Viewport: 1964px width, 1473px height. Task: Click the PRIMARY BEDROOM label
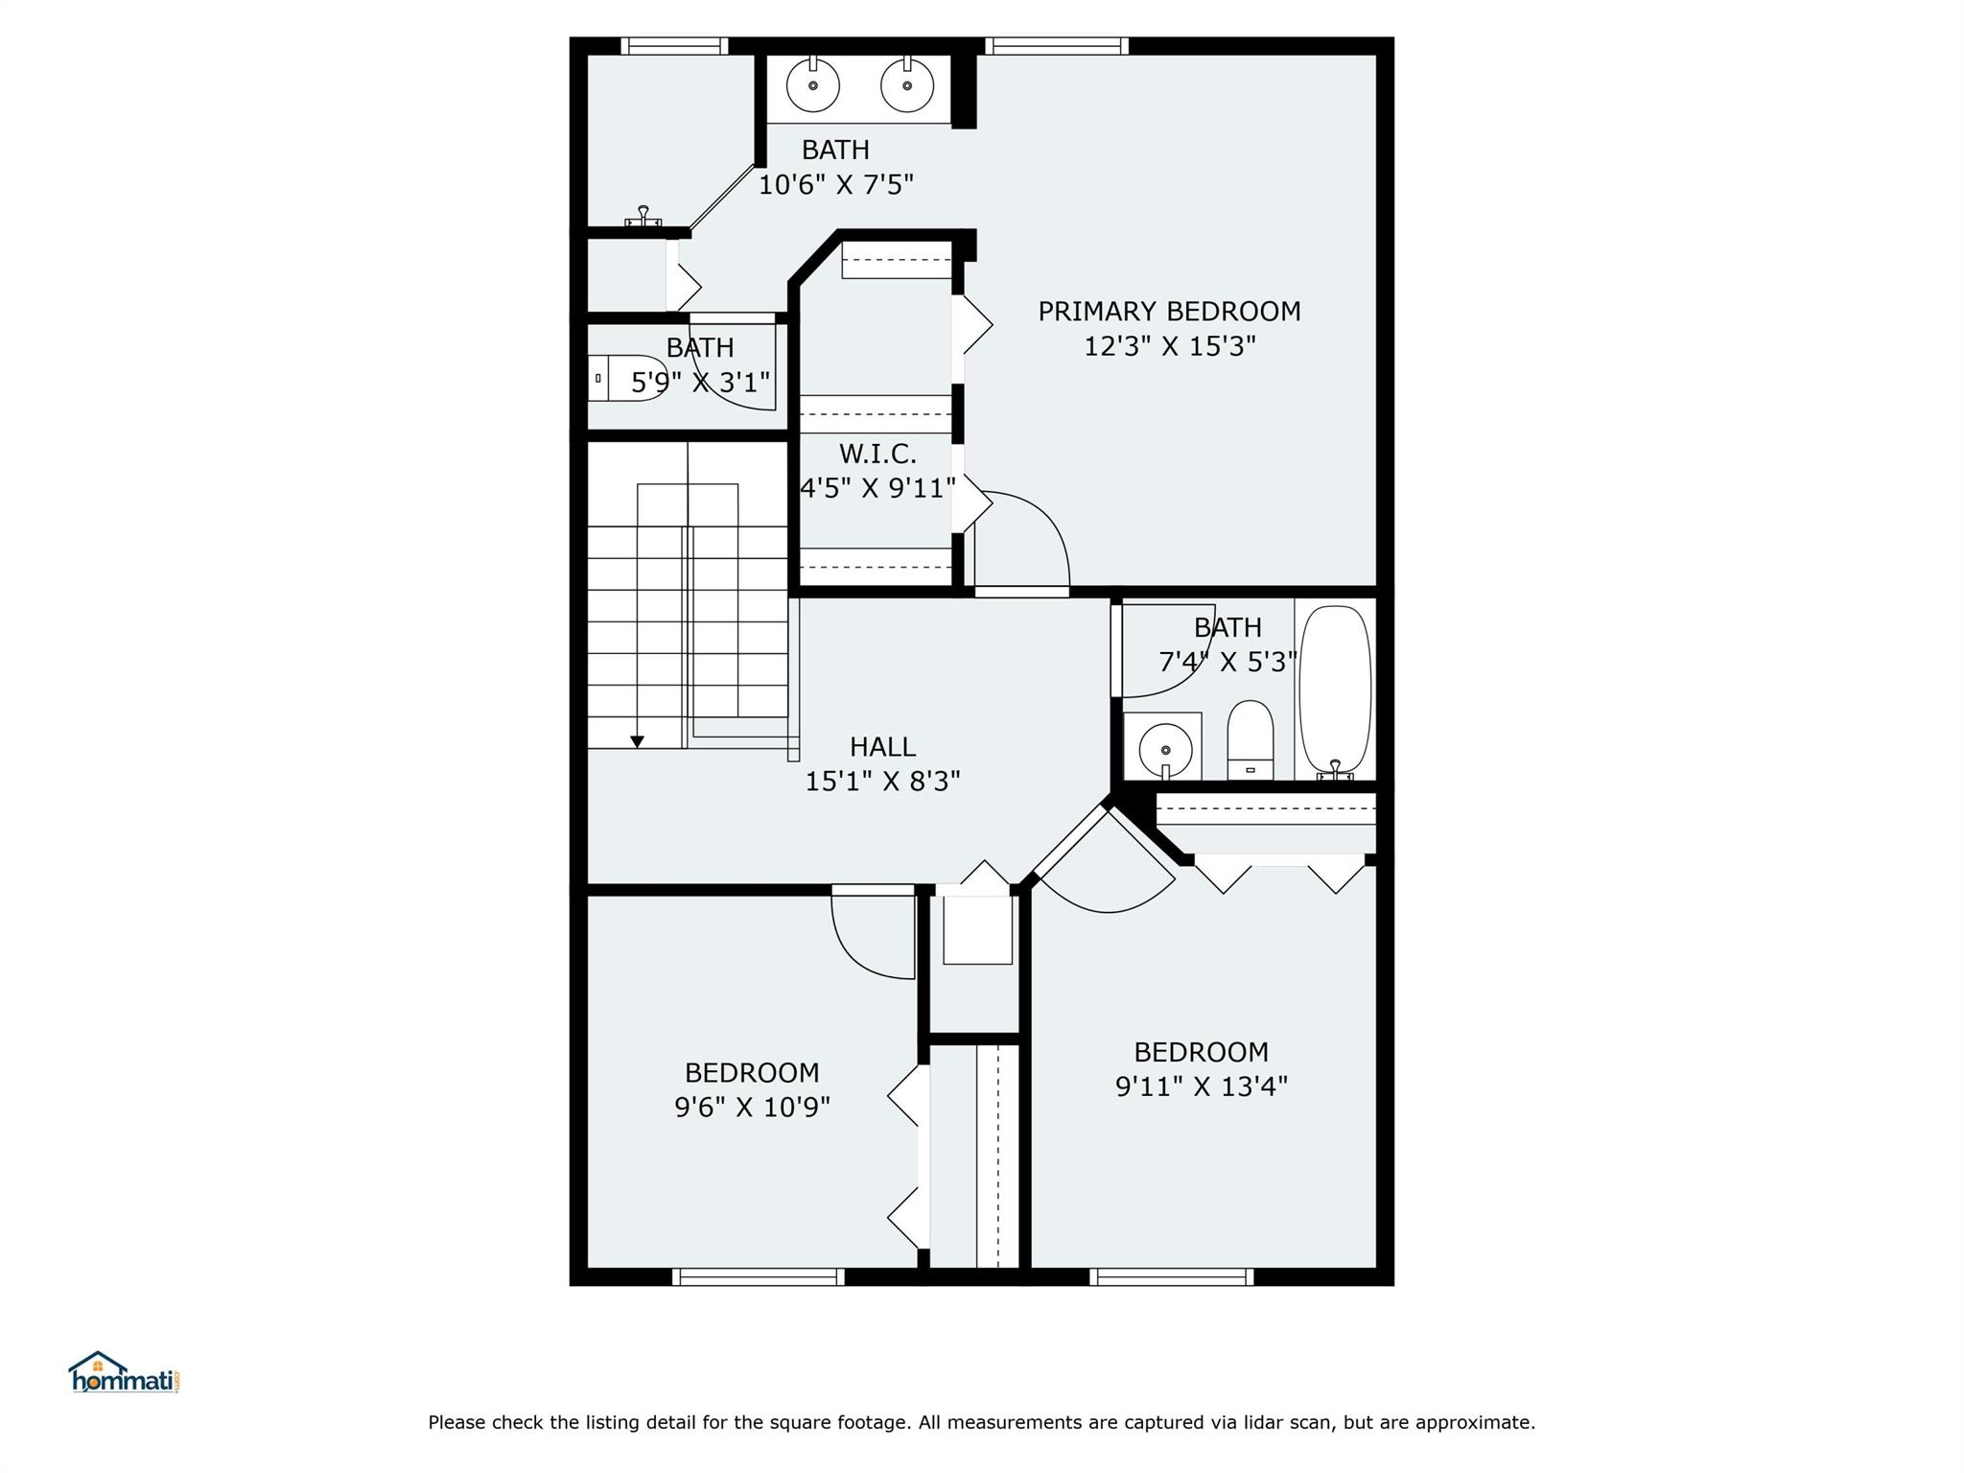tap(1169, 312)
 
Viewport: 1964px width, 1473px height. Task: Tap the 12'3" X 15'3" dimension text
tap(1169, 346)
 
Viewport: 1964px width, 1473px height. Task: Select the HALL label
tap(882, 747)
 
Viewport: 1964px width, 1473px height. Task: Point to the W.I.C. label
tap(877, 454)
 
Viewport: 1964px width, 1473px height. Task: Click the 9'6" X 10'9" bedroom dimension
tap(752, 1108)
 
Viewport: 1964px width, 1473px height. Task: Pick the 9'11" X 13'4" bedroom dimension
tap(1201, 1087)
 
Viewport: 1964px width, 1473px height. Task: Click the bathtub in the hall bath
tap(1334, 690)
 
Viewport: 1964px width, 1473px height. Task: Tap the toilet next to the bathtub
tap(1251, 739)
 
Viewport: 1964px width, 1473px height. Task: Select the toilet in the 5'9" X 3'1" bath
tap(627, 378)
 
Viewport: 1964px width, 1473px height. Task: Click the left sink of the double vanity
tap(813, 84)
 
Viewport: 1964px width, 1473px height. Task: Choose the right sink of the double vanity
tap(906, 84)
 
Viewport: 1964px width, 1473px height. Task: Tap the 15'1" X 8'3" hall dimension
tap(882, 782)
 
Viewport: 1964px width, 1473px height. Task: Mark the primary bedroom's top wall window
tap(1056, 46)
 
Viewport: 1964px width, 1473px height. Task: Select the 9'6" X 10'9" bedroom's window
tap(759, 1276)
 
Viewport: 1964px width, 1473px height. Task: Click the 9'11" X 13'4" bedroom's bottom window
tap(1172, 1276)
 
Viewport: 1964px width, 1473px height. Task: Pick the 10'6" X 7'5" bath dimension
tap(836, 184)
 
